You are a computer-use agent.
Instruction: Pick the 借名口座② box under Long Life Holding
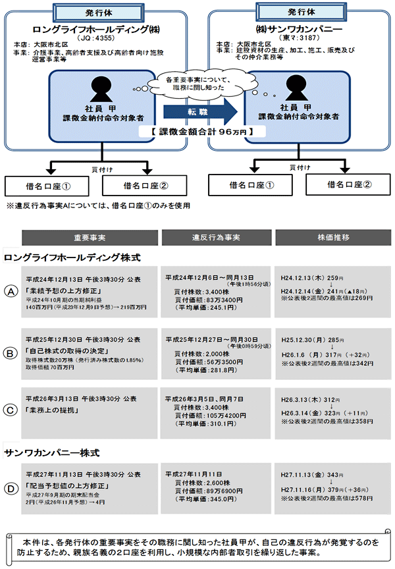[x=142, y=186]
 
